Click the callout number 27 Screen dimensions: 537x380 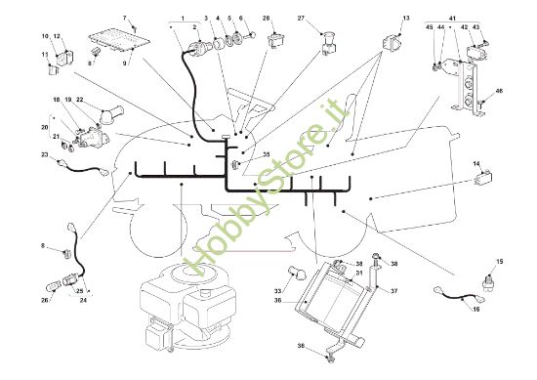pyautogui.click(x=301, y=19)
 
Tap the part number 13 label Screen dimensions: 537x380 pyautogui.click(x=406, y=19)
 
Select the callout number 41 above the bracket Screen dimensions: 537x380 pyautogui.click(x=452, y=19)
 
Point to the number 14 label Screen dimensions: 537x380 pyautogui.click(x=476, y=164)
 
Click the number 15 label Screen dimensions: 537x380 pyautogui.click(x=500, y=262)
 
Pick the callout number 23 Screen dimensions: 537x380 pyautogui.click(x=45, y=154)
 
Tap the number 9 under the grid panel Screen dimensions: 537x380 pyautogui.click(x=125, y=63)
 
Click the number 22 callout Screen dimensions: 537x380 pyautogui.click(x=79, y=100)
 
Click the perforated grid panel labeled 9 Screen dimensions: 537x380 pyautogui.click(x=119, y=41)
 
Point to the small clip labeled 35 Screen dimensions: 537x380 pyautogui.click(x=235, y=165)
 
